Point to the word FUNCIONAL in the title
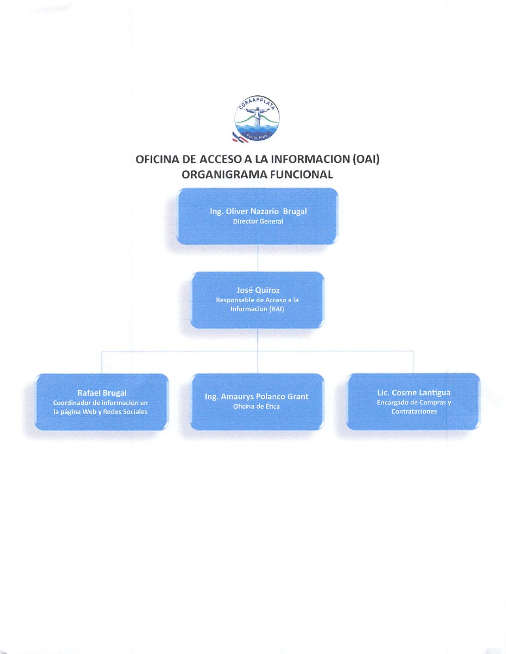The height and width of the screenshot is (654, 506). point(301,174)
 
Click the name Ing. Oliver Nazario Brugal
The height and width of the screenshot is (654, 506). point(258,211)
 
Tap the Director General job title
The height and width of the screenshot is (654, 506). point(258,221)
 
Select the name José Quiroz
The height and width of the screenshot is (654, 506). point(258,290)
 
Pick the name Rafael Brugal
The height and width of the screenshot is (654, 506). point(102,393)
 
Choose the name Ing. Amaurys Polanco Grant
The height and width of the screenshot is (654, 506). point(257,397)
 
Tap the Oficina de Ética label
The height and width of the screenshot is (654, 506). point(257,406)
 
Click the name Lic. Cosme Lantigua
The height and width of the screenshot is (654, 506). point(414,392)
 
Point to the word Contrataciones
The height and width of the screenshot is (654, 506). point(414,411)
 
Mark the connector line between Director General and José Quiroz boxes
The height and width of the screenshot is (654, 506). point(258,258)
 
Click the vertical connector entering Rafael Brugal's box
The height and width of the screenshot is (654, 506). point(101,362)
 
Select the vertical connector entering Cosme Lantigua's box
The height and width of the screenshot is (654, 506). point(414,362)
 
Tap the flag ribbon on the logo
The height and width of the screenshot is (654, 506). point(240,137)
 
